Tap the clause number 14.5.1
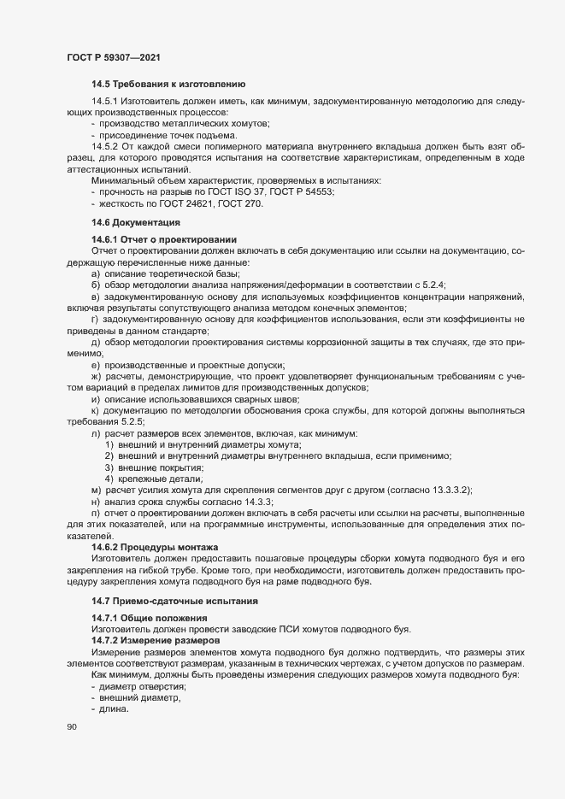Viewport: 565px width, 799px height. (x=105, y=102)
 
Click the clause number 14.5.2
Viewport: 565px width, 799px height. (x=105, y=146)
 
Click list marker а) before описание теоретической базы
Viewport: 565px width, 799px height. (x=96, y=261)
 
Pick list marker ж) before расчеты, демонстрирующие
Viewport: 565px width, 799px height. (x=97, y=376)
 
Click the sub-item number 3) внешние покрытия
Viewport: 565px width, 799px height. (x=109, y=467)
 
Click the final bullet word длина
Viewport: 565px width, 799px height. (x=114, y=709)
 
